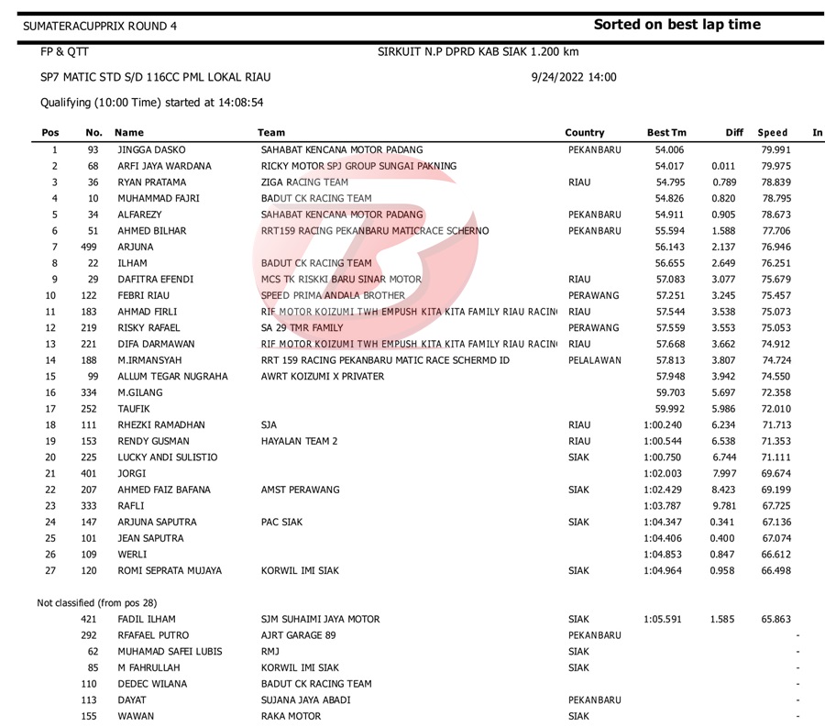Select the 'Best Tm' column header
666,133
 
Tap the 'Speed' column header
773,133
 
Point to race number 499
88,247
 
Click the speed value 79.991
775,149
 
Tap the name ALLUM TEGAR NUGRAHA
172,376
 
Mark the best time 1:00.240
663,424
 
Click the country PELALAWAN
595,360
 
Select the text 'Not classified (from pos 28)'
97,602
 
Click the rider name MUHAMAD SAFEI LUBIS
170,652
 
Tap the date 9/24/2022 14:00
574,78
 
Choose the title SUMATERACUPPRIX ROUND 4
101,27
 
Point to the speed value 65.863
775,619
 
